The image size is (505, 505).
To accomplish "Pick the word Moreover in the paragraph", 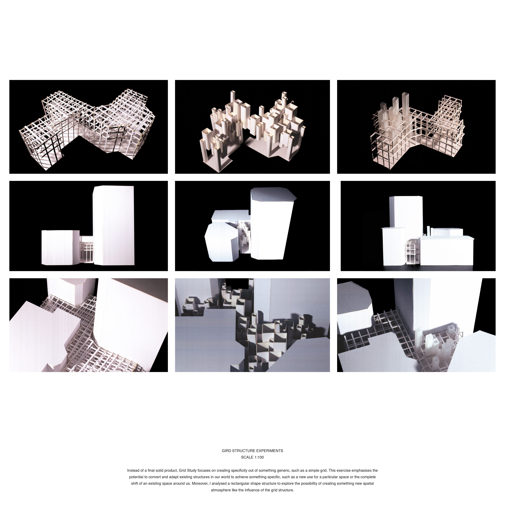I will (x=199, y=484).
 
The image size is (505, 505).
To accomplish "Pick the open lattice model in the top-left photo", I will (x=86, y=123).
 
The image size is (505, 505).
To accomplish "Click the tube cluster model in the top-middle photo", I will (x=252, y=125).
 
